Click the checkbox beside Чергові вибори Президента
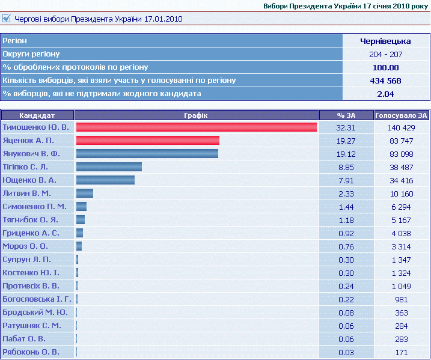click(x=7, y=19)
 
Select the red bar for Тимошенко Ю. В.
click(x=196, y=127)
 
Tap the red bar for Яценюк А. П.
click(x=147, y=141)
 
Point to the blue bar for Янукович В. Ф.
click(x=147, y=154)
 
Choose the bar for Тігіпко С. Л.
click(x=109, y=167)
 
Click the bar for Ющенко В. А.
click(x=105, y=180)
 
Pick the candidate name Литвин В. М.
click(x=27, y=194)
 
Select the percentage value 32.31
click(x=346, y=127)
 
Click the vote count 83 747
click(x=402, y=141)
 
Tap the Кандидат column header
click(x=37, y=115)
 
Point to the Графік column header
click(x=197, y=115)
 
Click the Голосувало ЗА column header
click(x=401, y=115)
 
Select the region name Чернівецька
click(x=385, y=41)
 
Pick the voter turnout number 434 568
click(x=385, y=81)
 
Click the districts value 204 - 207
click(x=385, y=54)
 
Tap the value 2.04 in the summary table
click(x=385, y=94)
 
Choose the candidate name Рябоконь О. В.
click(x=31, y=352)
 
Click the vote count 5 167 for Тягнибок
click(x=402, y=220)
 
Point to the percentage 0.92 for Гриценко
click(x=346, y=233)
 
